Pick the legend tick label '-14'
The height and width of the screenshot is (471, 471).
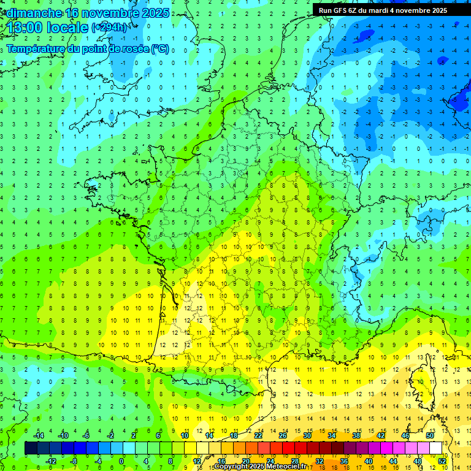[38, 435]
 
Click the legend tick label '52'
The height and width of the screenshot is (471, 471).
[442, 461]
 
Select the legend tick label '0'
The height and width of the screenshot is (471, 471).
[121, 461]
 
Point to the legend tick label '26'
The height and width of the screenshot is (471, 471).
[283, 435]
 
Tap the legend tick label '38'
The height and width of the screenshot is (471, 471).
[356, 435]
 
